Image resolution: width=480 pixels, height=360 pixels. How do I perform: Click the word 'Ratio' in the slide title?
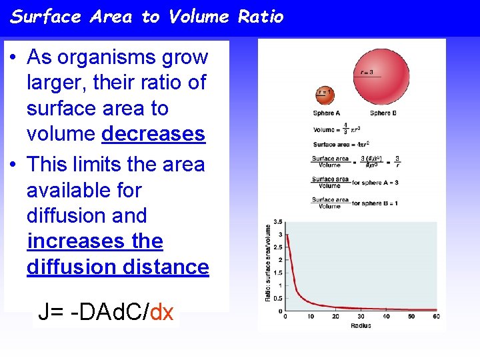261,17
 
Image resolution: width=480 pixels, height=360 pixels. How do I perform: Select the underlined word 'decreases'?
153,134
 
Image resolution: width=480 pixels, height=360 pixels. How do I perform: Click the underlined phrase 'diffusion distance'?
117,267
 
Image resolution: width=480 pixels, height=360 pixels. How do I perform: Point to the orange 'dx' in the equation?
162,311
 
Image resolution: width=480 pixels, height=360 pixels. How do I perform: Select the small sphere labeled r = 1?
325,95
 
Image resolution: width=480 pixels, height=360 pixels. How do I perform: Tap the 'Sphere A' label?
327,113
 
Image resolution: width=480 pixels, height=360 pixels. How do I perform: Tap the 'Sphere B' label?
383,113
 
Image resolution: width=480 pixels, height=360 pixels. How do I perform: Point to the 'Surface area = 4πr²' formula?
341,144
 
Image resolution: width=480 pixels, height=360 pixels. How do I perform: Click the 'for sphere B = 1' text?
375,203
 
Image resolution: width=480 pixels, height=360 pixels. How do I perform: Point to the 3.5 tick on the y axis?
277,222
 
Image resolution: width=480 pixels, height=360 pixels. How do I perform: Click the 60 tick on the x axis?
436,316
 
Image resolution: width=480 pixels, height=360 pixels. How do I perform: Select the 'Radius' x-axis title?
361,325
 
